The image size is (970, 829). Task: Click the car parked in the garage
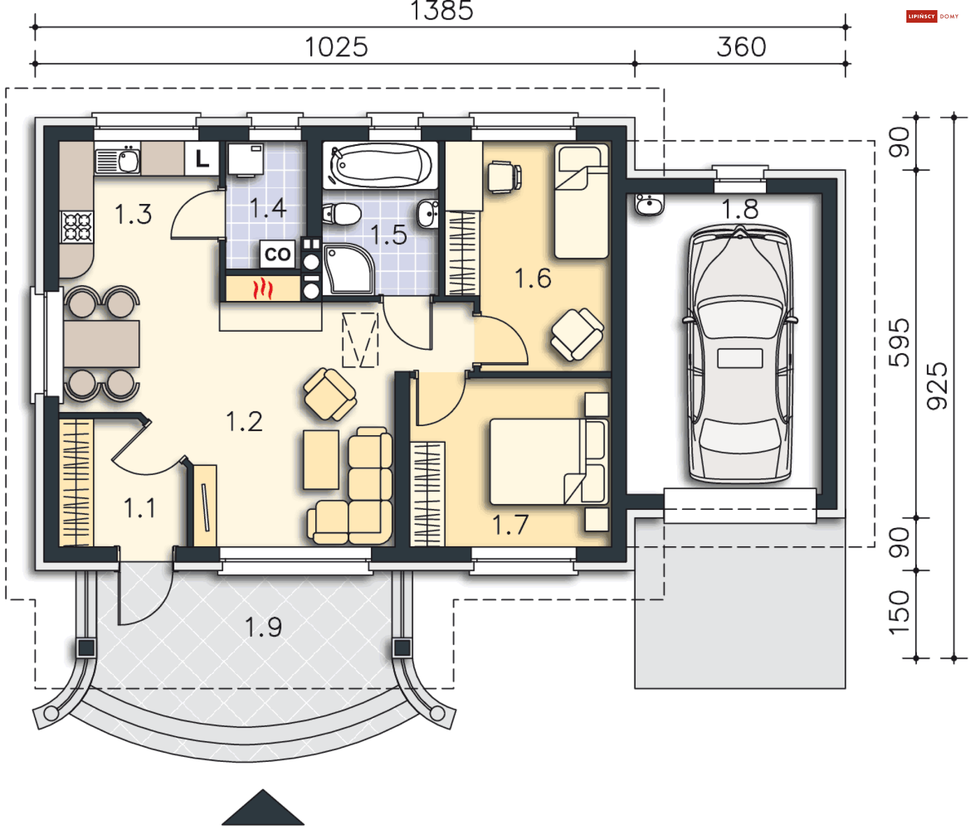click(740, 353)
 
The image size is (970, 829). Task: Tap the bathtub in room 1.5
click(380, 166)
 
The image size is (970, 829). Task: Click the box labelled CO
click(277, 254)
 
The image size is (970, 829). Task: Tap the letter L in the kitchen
click(202, 159)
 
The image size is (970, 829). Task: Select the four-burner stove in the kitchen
click(77, 227)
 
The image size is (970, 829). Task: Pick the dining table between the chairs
click(102, 344)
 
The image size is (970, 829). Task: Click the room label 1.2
click(244, 422)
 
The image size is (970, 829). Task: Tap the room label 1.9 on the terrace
click(263, 627)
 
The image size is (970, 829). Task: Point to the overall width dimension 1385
click(442, 11)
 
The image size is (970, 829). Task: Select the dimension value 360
click(741, 47)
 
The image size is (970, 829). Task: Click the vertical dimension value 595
click(899, 343)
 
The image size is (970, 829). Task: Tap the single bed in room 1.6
click(581, 201)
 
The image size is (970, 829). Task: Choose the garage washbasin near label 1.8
click(649, 204)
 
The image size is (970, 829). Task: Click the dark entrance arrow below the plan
click(263, 807)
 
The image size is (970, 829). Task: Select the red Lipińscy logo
click(922, 17)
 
